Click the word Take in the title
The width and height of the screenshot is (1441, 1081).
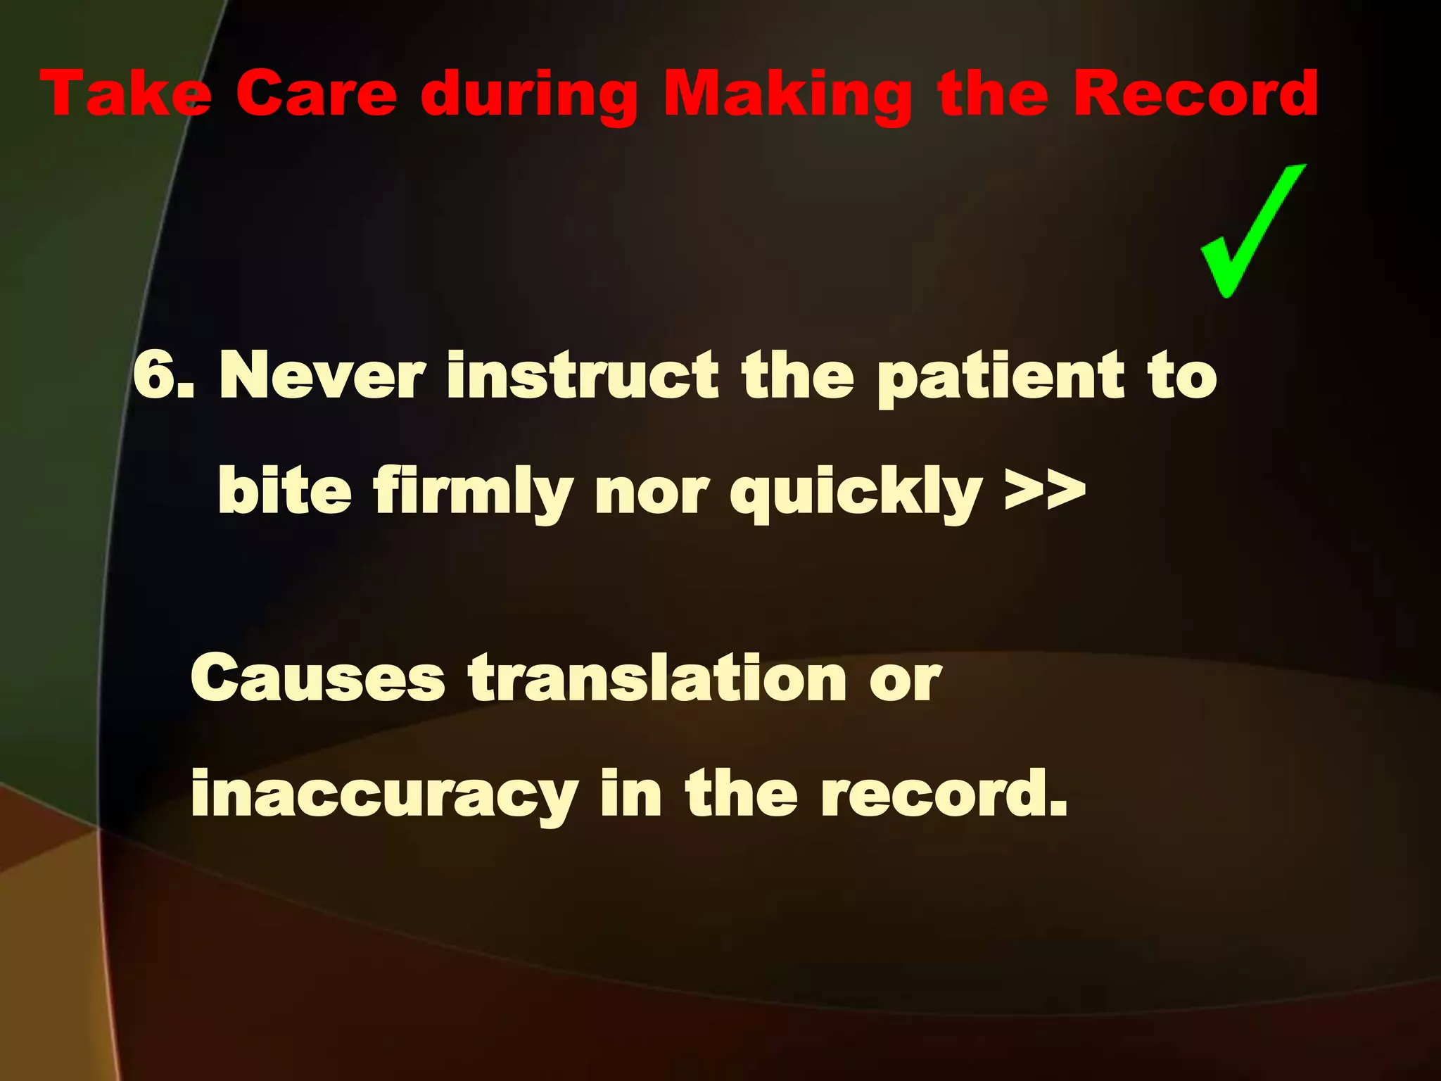tap(126, 94)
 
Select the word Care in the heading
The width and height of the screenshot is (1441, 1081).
tap(317, 94)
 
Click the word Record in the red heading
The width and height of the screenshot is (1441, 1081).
tap(1195, 94)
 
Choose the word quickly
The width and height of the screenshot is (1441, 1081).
tap(856, 493)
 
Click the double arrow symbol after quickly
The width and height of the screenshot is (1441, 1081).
tap(1045, 489)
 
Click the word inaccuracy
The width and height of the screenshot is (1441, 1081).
tap(384, 795)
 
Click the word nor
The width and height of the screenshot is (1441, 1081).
tap(652, 493)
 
